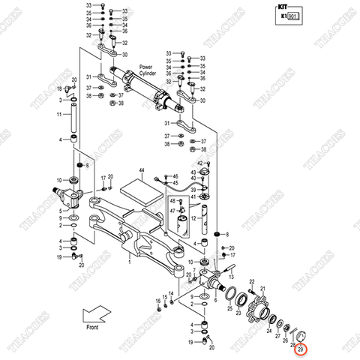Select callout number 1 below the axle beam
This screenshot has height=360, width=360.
(129, 262)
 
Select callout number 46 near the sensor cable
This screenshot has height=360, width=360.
(173, 174)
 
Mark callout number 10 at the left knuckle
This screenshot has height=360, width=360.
(59, 181)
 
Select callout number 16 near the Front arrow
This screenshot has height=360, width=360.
(160, 300)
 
